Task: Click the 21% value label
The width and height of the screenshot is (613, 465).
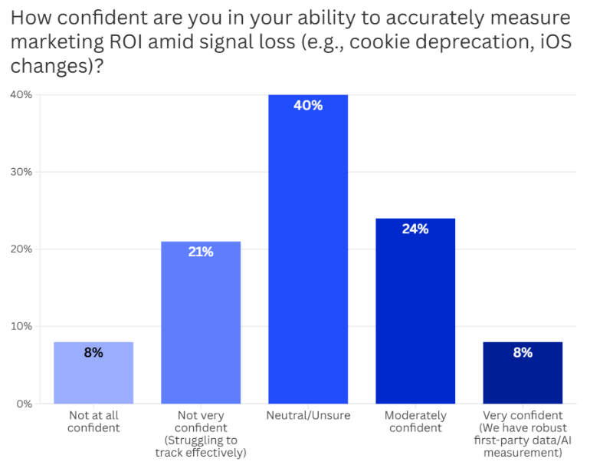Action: [201, 251]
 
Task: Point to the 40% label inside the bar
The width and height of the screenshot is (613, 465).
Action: [308, 105]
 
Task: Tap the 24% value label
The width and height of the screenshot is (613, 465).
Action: [415, 229]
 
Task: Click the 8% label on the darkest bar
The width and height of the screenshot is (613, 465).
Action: [523, 353]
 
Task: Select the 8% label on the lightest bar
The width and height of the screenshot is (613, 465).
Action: [93, 353]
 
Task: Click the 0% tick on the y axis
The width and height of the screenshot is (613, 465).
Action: [23, 404]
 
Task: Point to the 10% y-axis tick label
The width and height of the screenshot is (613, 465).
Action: [21, 326]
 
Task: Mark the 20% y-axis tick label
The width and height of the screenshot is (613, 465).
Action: [21, 249]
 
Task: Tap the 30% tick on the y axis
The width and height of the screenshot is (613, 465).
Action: [21, 171]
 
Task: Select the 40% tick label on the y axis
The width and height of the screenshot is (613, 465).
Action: [21, 94]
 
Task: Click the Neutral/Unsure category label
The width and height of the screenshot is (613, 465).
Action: [308, 416]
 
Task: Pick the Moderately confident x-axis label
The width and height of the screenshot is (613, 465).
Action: [415, 421]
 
